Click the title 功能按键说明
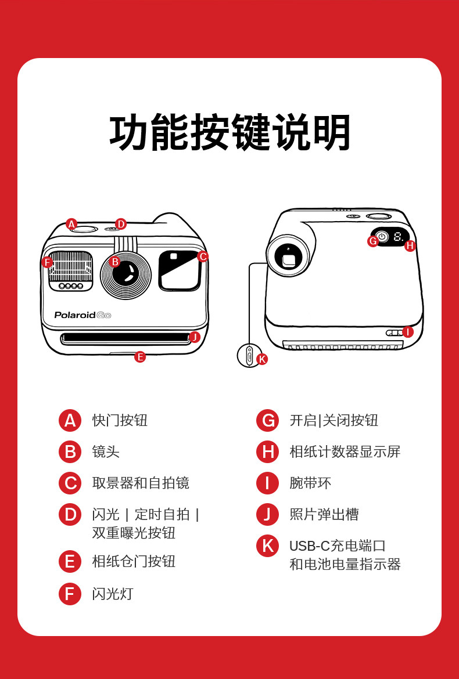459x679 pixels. pyautogui.click(x=230, y=133)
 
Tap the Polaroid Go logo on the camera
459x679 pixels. pyautogui.click(x=83, y=315)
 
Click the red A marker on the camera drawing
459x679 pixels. pyautogui.click(x=71, y=224)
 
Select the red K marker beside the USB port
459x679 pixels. pyautogui.click(x=262, y=359)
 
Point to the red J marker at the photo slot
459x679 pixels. pyautogui.click(x=195, y=337)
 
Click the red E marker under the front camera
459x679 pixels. pyautogui.click(x=140, y=357)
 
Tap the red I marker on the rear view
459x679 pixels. pyautogui.click(x=408, y=332)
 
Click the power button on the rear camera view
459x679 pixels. pyautogui.click(x=382, y=237)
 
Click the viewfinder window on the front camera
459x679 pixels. pyautogui.click(x=180, y=270)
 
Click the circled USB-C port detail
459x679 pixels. pyautogui.click(x=249, y=355)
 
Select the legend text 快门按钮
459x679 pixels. pyautogui.click(x=120, y=420)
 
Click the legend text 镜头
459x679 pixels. pyautogui.click(x=106, y=452)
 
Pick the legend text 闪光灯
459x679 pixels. pyautogui.click(x=113, y=594)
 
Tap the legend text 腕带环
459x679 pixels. pyautogui.click(x=310, y=483)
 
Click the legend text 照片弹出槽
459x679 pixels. pyautogui.click(x=324, y=514)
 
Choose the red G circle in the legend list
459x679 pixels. pyautogui.click(x=267, y=420)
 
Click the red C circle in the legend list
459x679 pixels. pyautogui.click(x=70, y=483)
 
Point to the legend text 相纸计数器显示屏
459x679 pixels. pyautogui.click(x=345, y=452)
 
